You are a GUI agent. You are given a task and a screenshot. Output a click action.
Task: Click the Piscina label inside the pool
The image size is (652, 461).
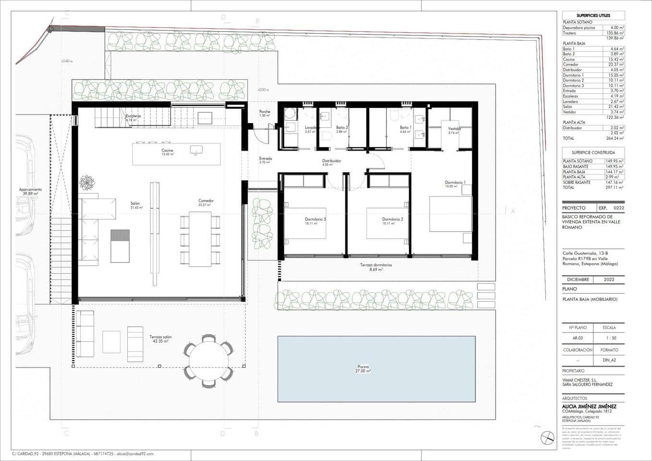[363, 368]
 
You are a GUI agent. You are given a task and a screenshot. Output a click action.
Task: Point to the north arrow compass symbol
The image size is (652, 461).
[547, 438]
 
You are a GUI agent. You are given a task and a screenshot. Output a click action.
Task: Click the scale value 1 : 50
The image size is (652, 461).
[609, 338]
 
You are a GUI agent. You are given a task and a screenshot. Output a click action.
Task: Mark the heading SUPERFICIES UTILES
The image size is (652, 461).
[593, 15]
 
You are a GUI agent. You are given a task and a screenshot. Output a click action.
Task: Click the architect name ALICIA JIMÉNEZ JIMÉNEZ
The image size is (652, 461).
[589, 406]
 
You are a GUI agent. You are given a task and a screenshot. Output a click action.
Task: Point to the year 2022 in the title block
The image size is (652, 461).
[609, 279]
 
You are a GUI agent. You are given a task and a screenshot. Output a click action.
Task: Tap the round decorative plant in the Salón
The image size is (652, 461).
[87, 182]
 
